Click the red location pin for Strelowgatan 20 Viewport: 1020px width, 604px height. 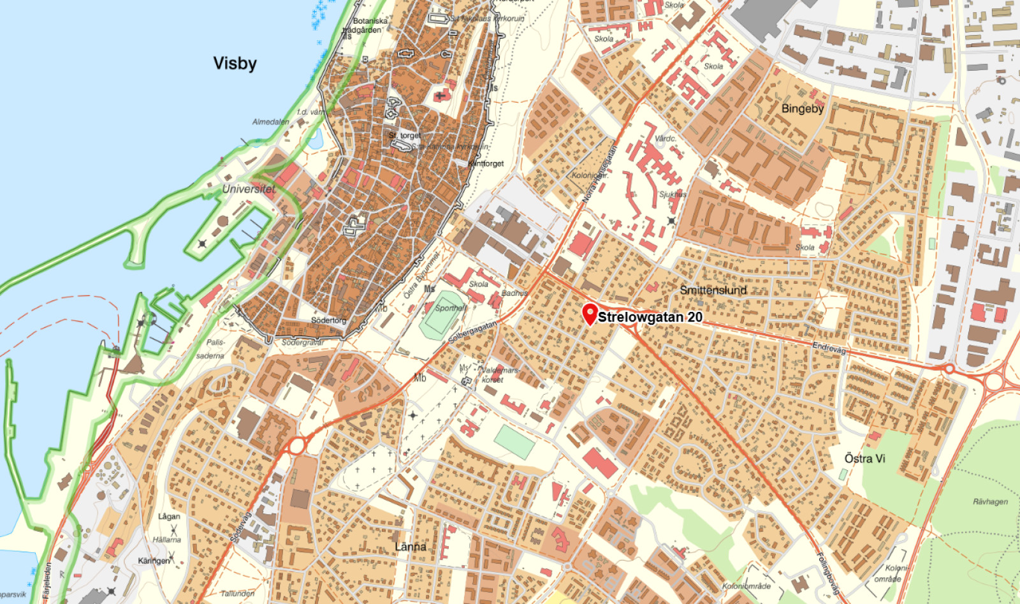[590, 313]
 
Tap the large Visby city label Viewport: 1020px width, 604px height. [235, 63]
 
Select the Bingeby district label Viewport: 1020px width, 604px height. [802, 108]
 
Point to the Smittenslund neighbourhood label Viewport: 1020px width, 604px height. [713, 290]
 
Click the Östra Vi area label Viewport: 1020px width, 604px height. [864, 458]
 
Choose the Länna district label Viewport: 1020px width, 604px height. [411, 547]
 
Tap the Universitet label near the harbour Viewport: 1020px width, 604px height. [249, 189]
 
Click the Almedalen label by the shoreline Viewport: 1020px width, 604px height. [270, 121]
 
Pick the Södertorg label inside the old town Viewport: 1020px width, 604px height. [328, 320]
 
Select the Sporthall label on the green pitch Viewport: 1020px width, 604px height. [450, 308]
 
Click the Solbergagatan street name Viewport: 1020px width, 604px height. [472, 332]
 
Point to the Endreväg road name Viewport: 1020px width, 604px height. [829, 348]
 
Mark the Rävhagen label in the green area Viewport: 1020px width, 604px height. [990, 501]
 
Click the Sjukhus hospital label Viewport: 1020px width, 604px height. [672, 194]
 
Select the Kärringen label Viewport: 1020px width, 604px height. [154, 561]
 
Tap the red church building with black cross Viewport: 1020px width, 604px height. [440, 96]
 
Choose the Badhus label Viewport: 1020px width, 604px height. [514, 293]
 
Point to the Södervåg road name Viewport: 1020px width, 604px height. [241, 527]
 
